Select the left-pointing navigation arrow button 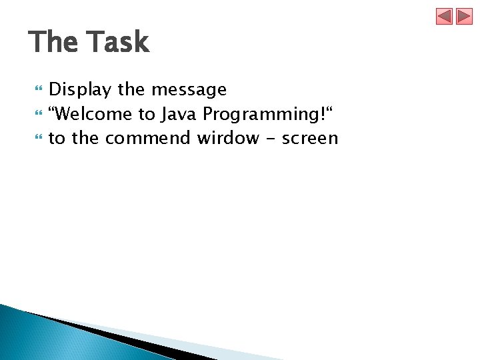tap(445, 16)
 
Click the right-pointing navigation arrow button tap(464, 16)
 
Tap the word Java tap(179, 114)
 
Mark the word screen tap(312, 139)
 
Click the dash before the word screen tap(272, 139)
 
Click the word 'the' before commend tap(86, 139)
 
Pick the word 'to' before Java tap(147, 114)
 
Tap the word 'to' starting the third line tap(57, 139)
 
